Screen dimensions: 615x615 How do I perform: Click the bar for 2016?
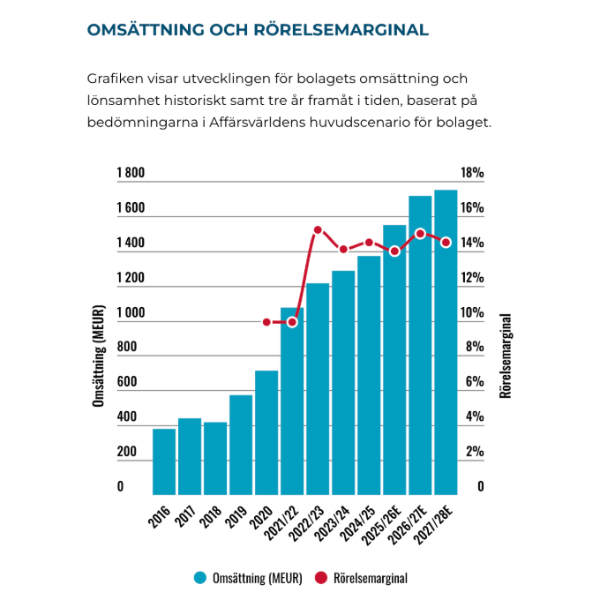click(x=164, y=461)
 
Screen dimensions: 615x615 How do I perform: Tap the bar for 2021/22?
click(x=292, y=401)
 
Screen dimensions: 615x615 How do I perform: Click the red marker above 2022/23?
click(x=318, y=230)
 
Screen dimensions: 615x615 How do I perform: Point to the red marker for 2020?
click(x=266, y=322)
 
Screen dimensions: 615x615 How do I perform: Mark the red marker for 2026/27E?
click(x=420, y=234)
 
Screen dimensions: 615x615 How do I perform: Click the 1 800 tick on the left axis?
click(x=131, y=174)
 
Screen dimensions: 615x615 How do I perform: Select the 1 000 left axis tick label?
click(x=131, y=313)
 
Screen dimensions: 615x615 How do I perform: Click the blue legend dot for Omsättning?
click(x=199, y=579)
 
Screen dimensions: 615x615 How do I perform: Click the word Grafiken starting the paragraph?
click(x=115, y=78)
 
